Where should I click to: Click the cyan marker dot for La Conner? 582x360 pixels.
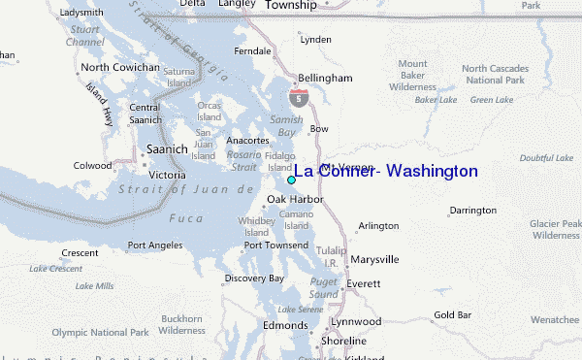pyautogui.click(x=291, y=180)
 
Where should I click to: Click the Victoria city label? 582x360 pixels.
pyautogui.click(x=167, y=175)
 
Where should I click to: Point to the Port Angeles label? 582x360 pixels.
pyautogui.click(x=154, y=245)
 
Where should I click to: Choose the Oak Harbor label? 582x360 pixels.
pyautogui.click(x=294, y=201)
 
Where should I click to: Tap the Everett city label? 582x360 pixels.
pyautogui.click(x=364, y=283)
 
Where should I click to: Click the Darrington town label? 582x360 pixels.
pyautogui.click(x=473, y=210)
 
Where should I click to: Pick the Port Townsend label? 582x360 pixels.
pyautogui.click(x=277, y=245)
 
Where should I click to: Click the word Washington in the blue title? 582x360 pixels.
pyautogui.click(x=432, y=171)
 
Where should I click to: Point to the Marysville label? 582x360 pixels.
pyautogui.click(x=374, y=260)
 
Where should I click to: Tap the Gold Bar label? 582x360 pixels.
pyautogui.click(x=452, y=314)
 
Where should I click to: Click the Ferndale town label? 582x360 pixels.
pyautogui.click(x=252, y=49)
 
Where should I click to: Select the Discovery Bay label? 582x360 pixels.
pyautogui.click(x=254, y=278)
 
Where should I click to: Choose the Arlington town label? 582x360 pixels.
pyautogui.click(x=378, y=226)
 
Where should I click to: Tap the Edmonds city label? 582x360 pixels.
pyautogui.click(x=284, y=325)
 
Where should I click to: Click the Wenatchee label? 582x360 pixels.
pyautogui.click(x=555, y=318)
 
